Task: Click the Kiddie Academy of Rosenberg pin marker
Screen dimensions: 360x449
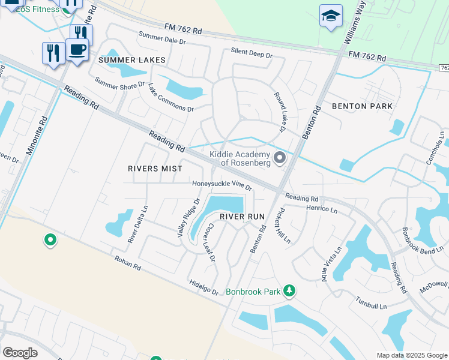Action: click(280, 158)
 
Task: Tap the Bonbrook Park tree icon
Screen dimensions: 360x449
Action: click(290, 291)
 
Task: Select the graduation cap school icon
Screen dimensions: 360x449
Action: click(331, 16)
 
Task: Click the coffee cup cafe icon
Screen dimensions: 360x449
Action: click(77, 49)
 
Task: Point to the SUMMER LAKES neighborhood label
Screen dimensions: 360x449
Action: click(131, 61)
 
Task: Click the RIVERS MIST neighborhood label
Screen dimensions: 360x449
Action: click(154, 169)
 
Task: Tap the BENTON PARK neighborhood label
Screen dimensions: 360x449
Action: click(362, 106)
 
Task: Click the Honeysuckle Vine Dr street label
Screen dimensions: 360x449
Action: click(221, 185)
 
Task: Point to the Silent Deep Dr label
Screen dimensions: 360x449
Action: click(252, 52)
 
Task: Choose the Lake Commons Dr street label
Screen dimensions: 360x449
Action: click(171, 98)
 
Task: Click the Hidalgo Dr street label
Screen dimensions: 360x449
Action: click(203, 287)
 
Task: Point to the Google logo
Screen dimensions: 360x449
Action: click(20, 353)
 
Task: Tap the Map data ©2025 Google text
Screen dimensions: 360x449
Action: click(412, 355)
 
